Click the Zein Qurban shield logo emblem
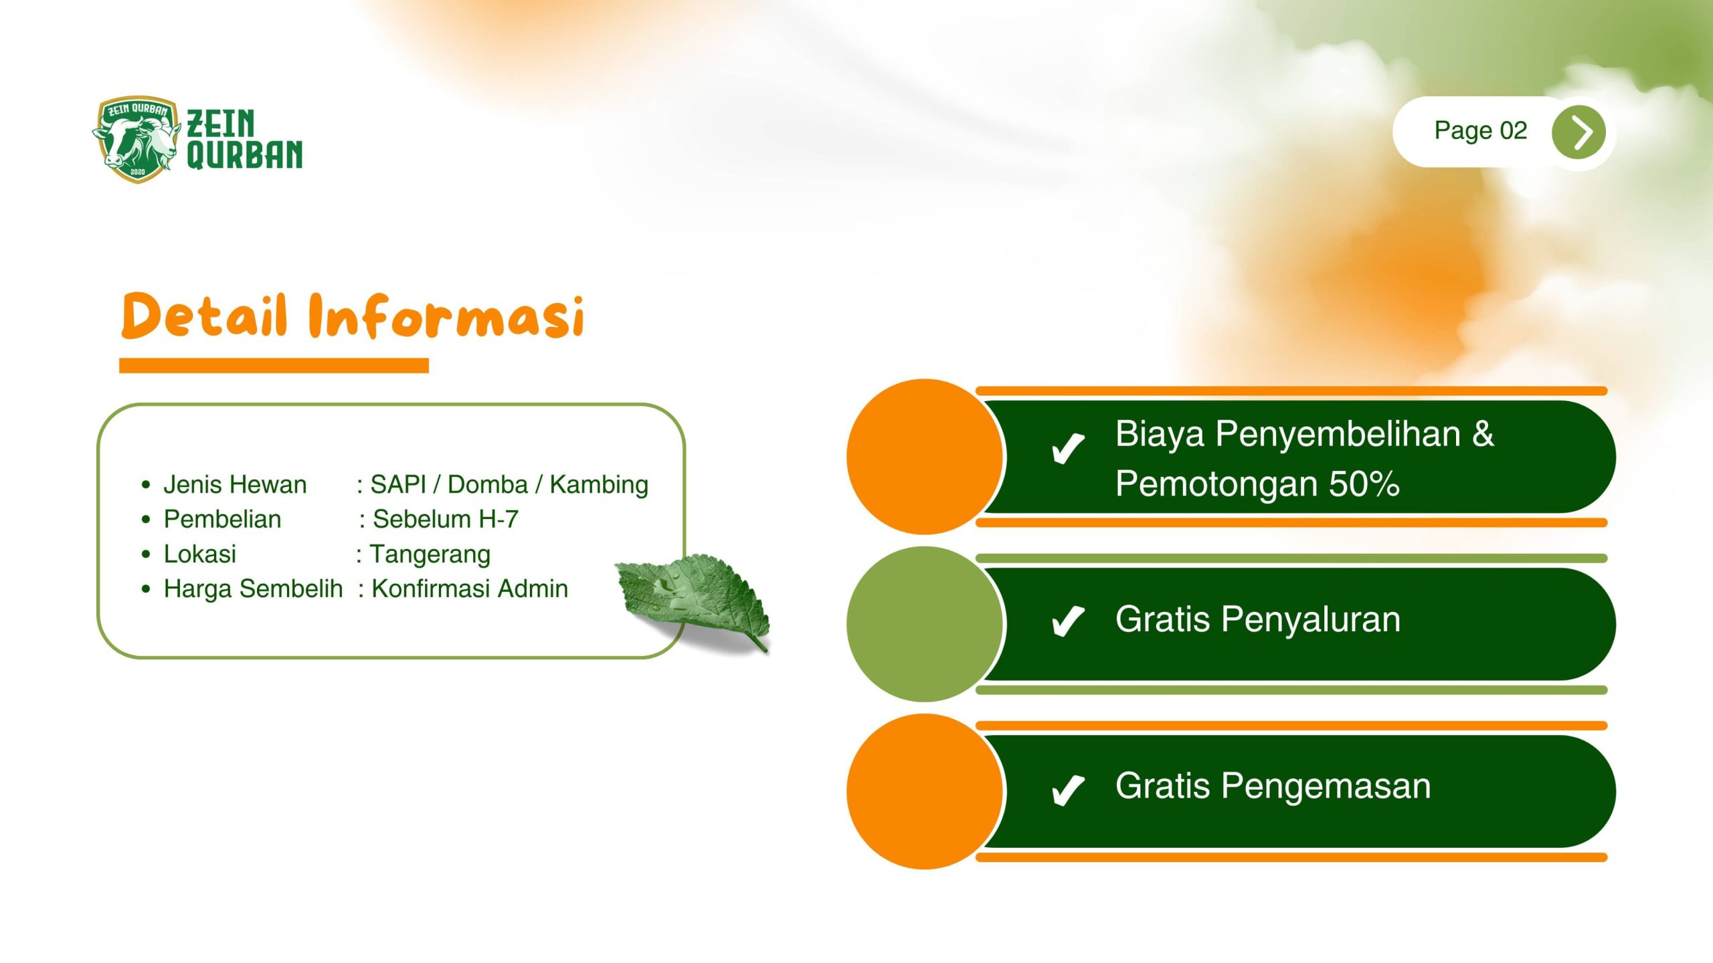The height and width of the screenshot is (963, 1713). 137,139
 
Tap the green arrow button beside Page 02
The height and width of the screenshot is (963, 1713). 1579,132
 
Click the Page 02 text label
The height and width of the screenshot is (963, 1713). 1480,130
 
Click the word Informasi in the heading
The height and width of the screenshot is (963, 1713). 446,315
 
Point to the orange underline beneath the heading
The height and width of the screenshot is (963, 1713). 274,365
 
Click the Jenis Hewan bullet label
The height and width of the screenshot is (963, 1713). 235,484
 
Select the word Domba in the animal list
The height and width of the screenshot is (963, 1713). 487,484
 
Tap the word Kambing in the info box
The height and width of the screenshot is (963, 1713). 599,485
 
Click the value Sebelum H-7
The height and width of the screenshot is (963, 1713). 446,519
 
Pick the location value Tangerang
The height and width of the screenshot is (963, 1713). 430,554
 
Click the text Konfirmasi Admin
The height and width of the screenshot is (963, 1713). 470,588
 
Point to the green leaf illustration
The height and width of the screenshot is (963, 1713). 693,600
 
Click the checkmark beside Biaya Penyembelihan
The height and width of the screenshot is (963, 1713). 1067,448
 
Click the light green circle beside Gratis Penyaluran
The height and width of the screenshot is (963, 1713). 925,624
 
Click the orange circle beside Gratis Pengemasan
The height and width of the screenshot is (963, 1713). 925,792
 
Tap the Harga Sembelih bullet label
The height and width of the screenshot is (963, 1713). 253,588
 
